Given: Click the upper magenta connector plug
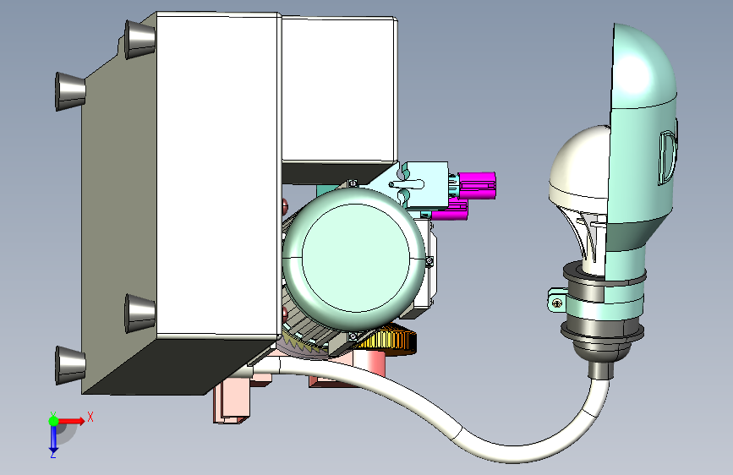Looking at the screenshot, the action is tap(476, 186).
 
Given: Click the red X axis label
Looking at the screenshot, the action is tap(90, 417).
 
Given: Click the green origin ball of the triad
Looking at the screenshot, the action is tap(53, 421).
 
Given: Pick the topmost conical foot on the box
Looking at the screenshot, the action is tap(139, 39).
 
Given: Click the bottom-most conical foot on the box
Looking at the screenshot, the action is tap(70, 365).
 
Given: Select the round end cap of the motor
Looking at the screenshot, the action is tap(354, 257).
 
